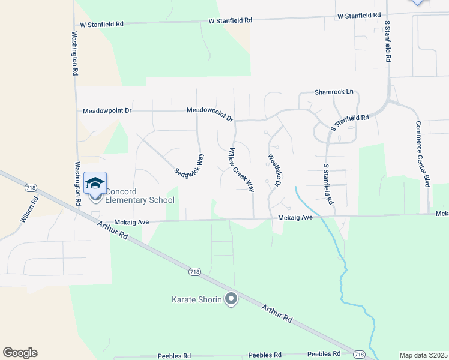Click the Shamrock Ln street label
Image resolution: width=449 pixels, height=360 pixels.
(334, 92)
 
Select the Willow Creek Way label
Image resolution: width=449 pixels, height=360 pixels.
(240, 170)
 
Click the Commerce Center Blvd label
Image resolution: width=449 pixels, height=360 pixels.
(423, 154)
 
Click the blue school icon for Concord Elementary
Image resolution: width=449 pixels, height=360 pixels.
(95, 184)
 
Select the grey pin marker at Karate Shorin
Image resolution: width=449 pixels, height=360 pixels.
(231, 299)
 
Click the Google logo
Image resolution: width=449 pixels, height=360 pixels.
(20, 353)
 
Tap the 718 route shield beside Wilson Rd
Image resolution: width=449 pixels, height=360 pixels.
(31, 188)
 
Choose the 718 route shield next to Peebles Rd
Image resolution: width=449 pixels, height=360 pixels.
(359, 355)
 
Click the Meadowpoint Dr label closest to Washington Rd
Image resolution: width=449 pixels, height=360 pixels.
(107, 111)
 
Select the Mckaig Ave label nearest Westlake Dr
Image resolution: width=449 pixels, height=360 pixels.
(295, 217)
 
